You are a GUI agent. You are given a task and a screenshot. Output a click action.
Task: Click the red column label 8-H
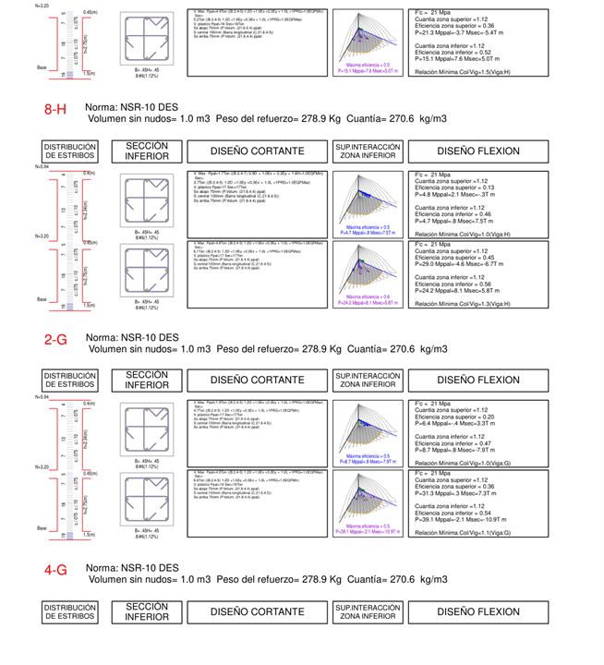coord(55,110)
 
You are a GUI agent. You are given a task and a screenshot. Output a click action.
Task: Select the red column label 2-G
coord(55,340)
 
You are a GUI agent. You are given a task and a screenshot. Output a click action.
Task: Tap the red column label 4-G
coord(55,570)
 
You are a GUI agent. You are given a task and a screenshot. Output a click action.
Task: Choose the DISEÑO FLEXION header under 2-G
coord(477,381)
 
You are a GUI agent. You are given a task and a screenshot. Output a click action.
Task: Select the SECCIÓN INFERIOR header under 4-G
coord(147,611)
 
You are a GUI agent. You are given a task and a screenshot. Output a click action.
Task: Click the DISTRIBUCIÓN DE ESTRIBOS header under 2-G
coord(70,381)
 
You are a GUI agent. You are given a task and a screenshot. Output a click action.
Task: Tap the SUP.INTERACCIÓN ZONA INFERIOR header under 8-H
coord(368,151)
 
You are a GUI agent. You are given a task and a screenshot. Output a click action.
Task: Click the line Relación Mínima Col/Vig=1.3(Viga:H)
coord(461,303)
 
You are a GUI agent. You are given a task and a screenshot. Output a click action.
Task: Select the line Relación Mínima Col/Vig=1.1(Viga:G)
coord(461,533)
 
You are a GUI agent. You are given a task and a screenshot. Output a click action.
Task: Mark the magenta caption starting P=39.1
coord(368,532)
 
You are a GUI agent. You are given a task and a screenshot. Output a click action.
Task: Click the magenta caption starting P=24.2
coord(368,302)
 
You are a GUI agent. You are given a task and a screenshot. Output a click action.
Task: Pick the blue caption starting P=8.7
coord(368,461)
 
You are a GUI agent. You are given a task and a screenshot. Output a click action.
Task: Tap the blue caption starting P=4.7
coord(368,233)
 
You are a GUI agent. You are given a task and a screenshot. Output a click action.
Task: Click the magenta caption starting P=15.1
coord(368,70)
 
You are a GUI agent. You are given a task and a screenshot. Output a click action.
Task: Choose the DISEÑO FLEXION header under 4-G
coord(477,611)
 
